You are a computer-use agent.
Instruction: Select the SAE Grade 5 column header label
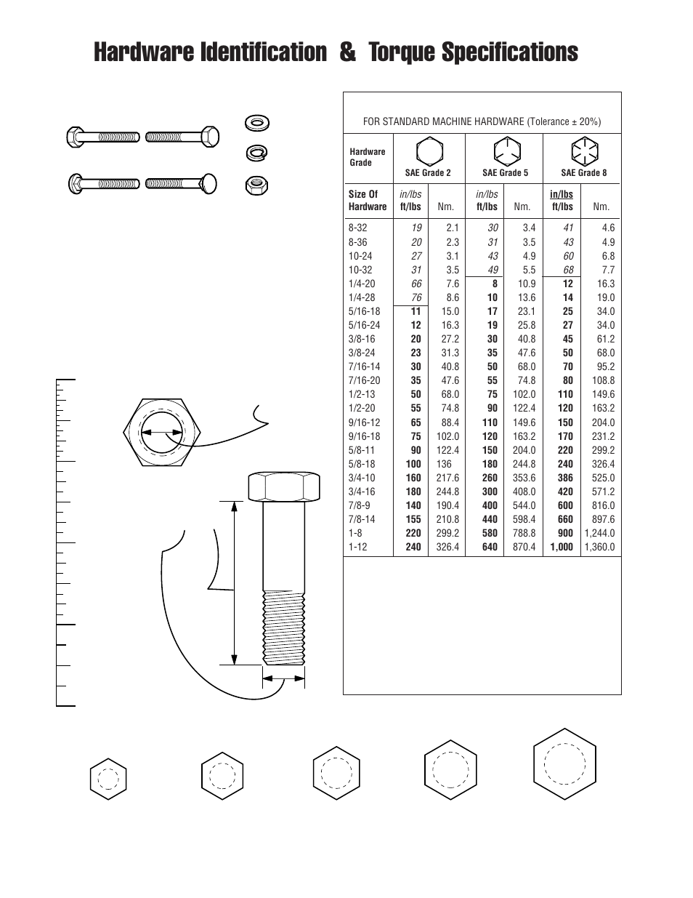(505, 173)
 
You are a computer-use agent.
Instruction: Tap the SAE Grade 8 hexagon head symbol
(583, 152)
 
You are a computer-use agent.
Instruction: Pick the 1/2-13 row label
(362, 394)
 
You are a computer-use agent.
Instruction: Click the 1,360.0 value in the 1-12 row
(599, 547)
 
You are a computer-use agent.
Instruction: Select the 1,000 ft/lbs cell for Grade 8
(562, 547)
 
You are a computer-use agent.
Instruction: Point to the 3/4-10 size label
(362, 478)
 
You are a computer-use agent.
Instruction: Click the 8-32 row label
(358, 228)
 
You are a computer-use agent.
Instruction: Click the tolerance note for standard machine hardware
(482, 121)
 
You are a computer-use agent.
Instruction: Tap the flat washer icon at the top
(255, 122)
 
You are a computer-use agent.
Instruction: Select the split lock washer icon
(255, 153)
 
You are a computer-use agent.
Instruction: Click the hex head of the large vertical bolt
(284, 486)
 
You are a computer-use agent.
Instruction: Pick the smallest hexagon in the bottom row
(108, 779)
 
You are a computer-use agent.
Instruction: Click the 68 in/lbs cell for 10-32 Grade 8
(568, 270)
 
